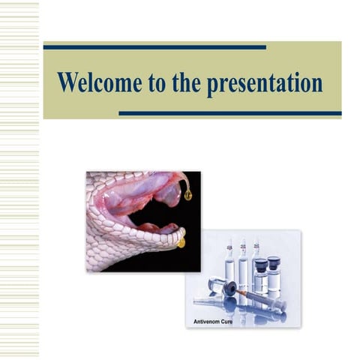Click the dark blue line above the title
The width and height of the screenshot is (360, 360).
click(154, 47)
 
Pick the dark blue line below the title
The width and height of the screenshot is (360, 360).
click(229, 114)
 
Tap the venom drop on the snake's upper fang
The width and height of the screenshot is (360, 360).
click(187, 194)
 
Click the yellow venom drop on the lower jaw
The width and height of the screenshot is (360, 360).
click(181, 242)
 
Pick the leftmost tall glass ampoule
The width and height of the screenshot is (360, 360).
click(229, 262)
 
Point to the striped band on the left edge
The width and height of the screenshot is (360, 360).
click(19, 180)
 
